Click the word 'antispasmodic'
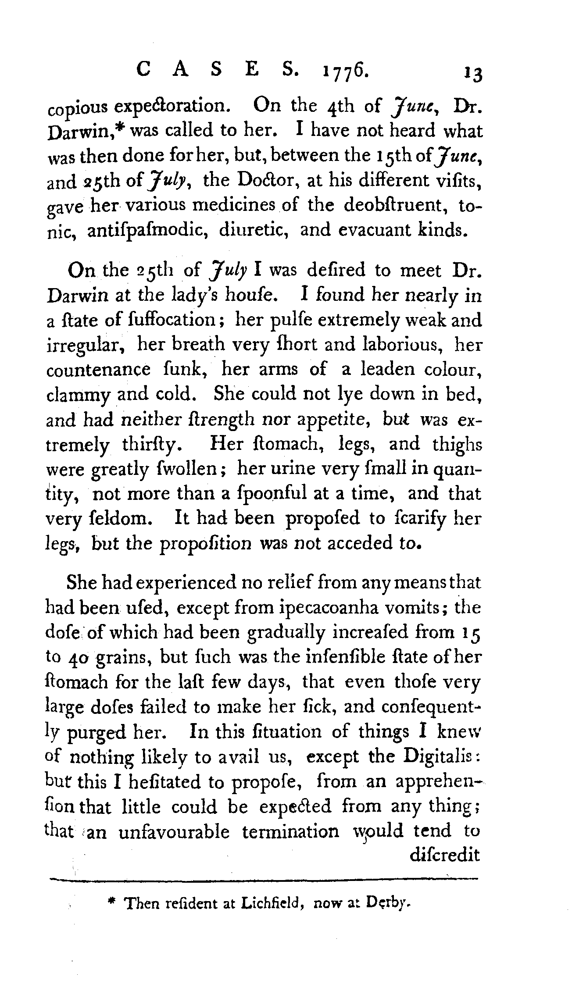146,231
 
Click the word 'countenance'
98,370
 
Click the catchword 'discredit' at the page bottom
444,856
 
